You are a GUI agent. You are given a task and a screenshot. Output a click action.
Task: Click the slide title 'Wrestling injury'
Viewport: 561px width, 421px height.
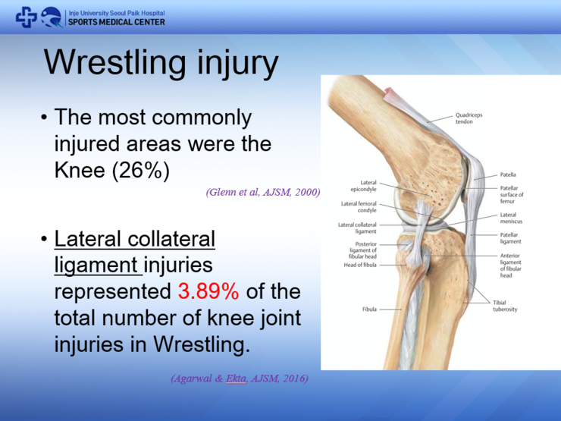click(x=161, y=63)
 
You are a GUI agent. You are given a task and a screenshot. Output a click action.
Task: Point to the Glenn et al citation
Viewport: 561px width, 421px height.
click(x=262, y=193)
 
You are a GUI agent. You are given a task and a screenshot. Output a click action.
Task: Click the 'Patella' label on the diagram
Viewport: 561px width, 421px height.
click(x=508, y=174)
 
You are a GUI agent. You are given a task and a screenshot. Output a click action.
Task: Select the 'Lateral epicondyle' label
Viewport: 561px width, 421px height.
click(x=363, y=186)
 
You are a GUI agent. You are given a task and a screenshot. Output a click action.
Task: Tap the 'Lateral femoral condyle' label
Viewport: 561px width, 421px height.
click(x=359, y=207)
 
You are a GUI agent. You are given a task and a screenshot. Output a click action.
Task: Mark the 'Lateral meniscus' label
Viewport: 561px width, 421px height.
click(x=511, y=218)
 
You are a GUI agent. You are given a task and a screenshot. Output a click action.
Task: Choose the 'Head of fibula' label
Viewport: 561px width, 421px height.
click(x=360, y=265)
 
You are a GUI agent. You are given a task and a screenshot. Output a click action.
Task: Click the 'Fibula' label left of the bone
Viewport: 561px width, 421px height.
click(x=370, y=309)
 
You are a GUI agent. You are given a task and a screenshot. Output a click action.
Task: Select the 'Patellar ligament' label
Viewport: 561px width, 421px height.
click(x=510, y=238)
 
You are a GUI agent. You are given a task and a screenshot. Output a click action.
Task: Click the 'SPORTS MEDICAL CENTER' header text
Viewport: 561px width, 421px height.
click(x=116, y=22)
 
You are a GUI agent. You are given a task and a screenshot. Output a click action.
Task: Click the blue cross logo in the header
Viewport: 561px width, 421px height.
click(x=27, y=17)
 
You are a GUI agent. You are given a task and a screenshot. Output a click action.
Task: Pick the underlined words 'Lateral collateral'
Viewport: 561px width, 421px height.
click(x=135, y=239)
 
